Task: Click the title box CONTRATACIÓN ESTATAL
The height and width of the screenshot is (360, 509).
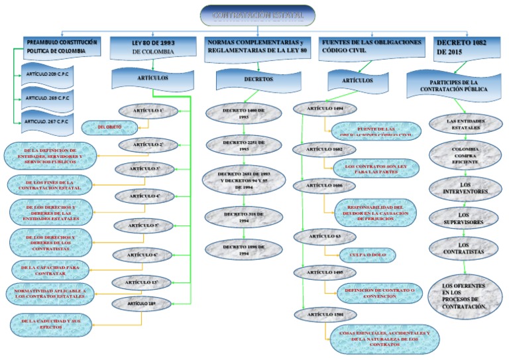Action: pos(257,15)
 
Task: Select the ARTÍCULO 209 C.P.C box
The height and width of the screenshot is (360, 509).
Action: pos(50,73)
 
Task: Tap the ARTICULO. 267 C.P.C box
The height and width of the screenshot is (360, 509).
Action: pos(50,121)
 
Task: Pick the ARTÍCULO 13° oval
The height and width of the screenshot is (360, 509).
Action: pos(144,283)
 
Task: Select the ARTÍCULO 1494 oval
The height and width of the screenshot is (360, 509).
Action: pos(323,108)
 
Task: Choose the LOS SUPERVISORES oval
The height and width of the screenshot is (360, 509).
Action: pos(463,216)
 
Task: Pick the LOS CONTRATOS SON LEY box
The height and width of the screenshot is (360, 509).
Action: pos(376,169)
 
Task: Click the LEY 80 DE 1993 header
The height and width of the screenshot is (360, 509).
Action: pos(153,46)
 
